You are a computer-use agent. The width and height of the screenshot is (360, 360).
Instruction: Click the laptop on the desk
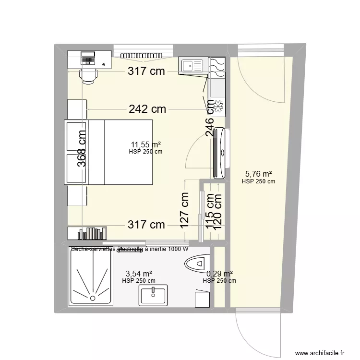tap(88, 58)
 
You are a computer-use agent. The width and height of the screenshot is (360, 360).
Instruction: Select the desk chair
tap(89, 74)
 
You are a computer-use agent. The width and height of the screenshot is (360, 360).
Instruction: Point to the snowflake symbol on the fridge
tap(219, 107)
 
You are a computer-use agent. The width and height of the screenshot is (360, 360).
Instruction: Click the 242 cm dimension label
tap(147, 109)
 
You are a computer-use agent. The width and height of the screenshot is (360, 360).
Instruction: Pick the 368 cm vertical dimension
tap(82, 149)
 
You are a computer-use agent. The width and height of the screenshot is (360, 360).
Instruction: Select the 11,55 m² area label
tap(146, 144)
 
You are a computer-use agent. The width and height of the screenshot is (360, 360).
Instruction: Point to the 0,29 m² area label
tap(220, 274)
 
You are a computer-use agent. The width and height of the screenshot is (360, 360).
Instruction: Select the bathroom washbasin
tap(153, 295)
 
